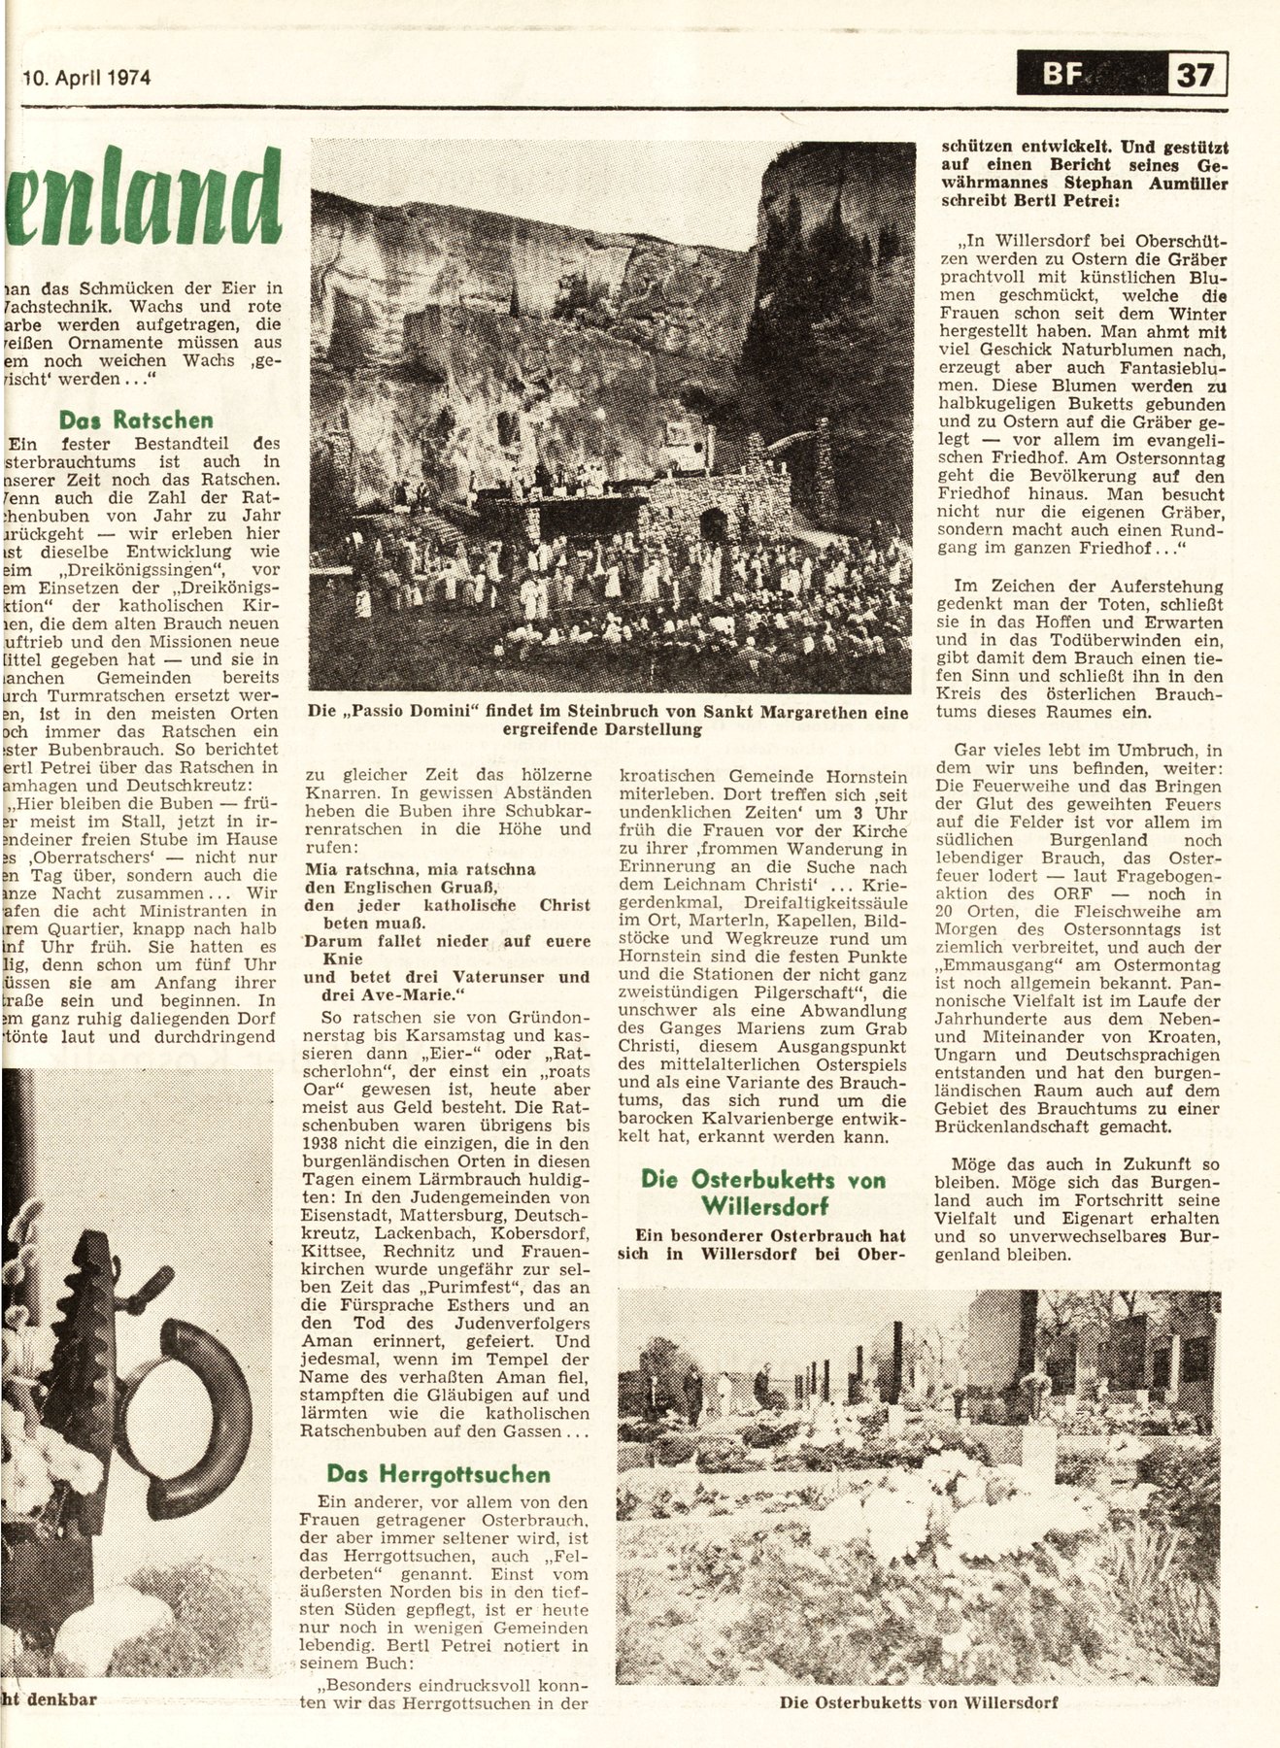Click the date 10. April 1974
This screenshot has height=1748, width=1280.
pyautogui.click(x=85, y=78)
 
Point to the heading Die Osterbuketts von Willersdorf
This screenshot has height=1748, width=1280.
pyautogui.click(x=763, y=1193)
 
